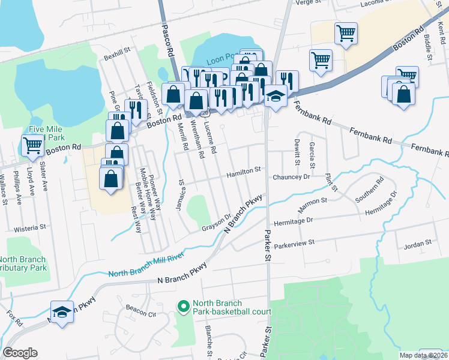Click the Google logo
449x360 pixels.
coord(20,353)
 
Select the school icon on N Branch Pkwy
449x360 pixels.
coord(61,312)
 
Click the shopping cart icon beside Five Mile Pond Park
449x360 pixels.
coord(32,144)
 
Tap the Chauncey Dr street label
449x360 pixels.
coord(291,177)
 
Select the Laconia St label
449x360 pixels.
coord(376,4)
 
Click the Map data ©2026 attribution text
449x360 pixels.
coord(424,355)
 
